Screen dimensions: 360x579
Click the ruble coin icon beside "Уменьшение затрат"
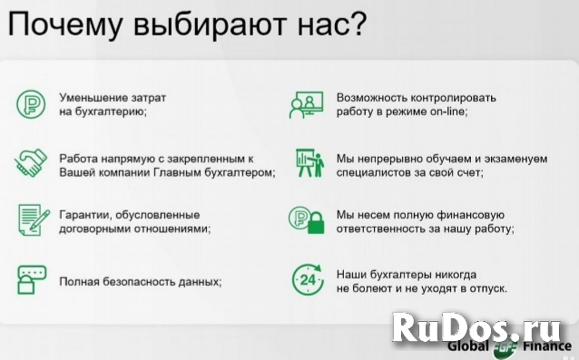[x=30, y=103]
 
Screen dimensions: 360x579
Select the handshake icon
[x=31, y=162]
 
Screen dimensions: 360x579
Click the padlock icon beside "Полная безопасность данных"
[x=30, y=280]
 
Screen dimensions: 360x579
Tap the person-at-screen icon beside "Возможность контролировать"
[x=305, y=103]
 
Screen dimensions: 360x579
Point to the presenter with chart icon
[x=305, y=162]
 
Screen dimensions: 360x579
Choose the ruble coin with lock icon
[x=305, y=222]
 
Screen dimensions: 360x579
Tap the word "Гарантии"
[x=84, y=215]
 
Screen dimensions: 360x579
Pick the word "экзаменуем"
[x=518, y=158]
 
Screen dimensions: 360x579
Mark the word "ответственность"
[x=382, y=230]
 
